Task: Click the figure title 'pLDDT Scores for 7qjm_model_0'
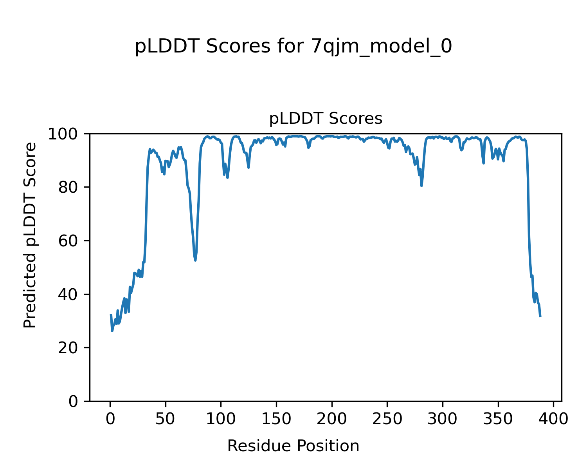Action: [293, 47]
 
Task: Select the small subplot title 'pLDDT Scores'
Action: [326, 119]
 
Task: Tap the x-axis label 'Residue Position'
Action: [293, 446]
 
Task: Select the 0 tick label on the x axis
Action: [110, 419]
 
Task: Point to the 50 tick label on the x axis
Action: [166, 419]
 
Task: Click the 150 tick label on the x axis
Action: [276, 419]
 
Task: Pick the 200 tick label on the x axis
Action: [332, 419]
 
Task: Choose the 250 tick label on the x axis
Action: [387, 419]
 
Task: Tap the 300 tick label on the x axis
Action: [443, 419]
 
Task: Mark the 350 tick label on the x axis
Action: [498, 419]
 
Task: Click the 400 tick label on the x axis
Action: [553, 419]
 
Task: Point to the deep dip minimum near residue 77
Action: [195, 260]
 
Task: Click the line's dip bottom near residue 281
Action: [421, 185]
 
